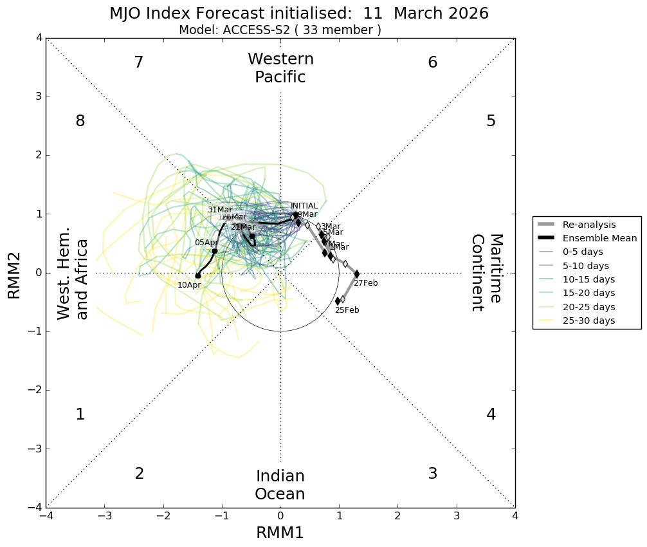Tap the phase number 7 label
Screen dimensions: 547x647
138,62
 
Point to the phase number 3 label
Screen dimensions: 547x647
432,474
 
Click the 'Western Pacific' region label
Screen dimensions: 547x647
280,68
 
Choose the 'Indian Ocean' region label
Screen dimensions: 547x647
280,485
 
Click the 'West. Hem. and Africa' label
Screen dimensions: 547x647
73,279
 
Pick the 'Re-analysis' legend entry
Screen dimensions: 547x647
588,225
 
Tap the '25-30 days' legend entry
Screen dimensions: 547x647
588,320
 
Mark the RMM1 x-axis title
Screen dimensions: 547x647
280,533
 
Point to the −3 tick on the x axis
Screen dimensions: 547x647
105,516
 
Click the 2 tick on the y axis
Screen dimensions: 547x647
39,155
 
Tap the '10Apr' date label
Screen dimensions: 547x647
189,285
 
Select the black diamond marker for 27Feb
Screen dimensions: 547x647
357,274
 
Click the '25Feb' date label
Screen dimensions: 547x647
347,310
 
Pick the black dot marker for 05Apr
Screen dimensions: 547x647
215,251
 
